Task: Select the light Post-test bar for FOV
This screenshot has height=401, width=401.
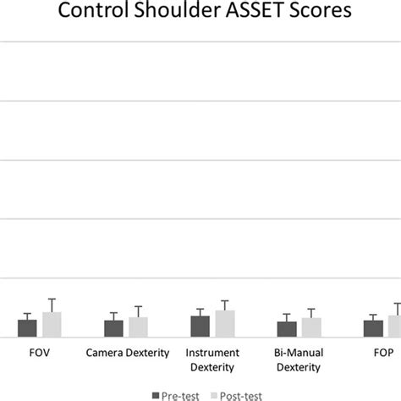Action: [x=52, y=324]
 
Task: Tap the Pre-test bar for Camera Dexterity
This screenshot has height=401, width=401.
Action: [x=114, y=328]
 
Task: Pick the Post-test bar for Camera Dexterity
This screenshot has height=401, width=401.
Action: [x=138, y=327]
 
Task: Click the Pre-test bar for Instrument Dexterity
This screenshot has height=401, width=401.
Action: [x=200, y=326]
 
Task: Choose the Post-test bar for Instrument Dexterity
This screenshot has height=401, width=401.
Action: [x=225, y=323]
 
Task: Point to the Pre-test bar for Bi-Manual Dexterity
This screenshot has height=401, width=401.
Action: [x=287, y=329]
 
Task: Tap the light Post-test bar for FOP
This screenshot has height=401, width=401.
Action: [x=395, y=326]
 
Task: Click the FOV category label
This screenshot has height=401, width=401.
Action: [x=39, y=352]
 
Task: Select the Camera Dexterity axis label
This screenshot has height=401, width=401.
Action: [x=127, y=352]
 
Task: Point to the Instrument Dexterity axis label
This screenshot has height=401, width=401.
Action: [x=212, y=359]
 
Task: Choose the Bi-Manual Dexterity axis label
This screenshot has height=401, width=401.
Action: [x=299, y=359]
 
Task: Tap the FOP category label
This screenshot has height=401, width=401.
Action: [x=383, y=352]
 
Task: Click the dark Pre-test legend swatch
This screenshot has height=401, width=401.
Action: [x=156, y=394]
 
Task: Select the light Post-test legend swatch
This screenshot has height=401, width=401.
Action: [x=213, y=394]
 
